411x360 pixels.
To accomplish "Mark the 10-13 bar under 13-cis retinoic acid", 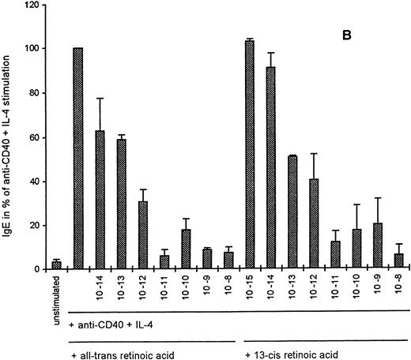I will [x=292, y=212].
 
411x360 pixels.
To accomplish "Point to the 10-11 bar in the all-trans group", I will [x=164, y=262].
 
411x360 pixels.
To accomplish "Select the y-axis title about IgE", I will [x=9, y=139].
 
